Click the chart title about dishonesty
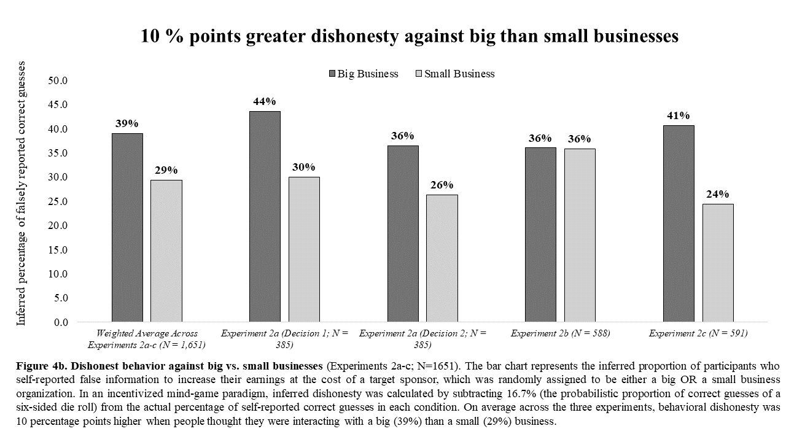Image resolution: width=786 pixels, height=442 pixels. coord(410,36)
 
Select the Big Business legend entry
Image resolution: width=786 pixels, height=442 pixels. coord(364,74)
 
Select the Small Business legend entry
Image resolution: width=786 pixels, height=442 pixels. coord(455,74)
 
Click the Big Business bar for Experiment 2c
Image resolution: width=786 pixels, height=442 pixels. coord(679,223)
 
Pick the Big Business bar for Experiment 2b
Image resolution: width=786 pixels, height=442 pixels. coord(541,235)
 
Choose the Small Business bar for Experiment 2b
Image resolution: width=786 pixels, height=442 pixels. coord(580,235)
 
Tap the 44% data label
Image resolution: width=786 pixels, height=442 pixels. coord(265,101)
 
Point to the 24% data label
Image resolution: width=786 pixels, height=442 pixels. coord(718,194)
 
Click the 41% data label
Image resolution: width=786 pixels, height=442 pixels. coord(679,115)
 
